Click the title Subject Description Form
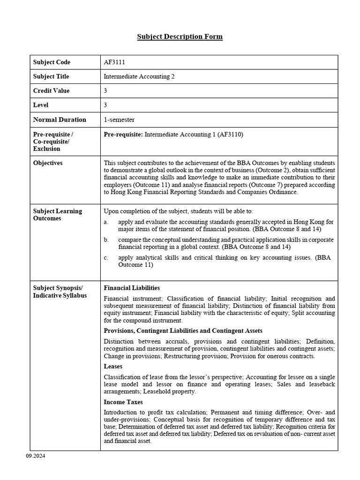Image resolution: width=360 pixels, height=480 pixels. pyautogui.click(x=180, y=37)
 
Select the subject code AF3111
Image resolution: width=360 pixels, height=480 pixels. pyautogui.click(x=114, y=62)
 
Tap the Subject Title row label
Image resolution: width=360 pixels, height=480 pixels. pyautogui.click(x=51, y=76)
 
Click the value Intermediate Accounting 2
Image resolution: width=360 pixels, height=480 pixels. pyautogui.click(x=139, y=76)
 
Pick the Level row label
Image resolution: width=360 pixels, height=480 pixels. pyautogui.click(x=41, y=105)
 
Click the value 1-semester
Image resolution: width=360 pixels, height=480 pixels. pyautogui.click(x=119, y=120)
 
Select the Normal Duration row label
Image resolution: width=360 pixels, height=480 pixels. pyautogui.click(x=60, y=120)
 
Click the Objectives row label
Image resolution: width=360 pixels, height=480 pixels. pyautogui.click(x=48, y=163)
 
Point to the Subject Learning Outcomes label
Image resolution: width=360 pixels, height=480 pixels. pyautogui.click(x=57, y=215)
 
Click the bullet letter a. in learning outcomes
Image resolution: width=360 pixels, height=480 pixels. pyautogui.click(x=106, y=222)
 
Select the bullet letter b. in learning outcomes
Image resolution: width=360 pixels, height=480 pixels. pyautogui.click(x=106, y=240)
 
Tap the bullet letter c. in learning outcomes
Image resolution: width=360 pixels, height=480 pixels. pyautogui.click(x=106, y=257)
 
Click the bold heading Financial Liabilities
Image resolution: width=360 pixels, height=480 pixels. pyautogui.click(x=132, y=288)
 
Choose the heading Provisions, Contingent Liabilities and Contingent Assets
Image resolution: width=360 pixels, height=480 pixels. pyautogui.click(x=183, y=331)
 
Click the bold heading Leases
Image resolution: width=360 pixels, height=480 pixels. pyautogui.click(x=113, y=367)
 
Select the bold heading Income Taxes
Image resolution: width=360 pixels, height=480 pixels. pyautogui.click(x=123, y=402)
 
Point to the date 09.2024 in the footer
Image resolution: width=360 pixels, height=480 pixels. pyautogui.click(x=36, y=456)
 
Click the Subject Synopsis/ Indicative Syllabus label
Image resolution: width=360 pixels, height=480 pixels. pyautogui.click(x=60, y=292)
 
